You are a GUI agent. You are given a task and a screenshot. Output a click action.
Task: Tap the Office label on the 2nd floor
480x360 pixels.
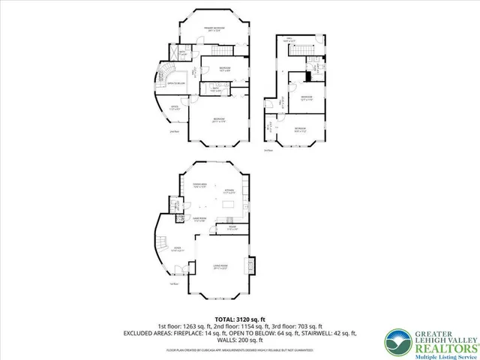[173, 107]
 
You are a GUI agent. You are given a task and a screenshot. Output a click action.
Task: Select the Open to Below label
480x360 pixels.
[176, 83]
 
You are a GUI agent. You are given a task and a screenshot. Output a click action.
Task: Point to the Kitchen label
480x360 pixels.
[229, 191]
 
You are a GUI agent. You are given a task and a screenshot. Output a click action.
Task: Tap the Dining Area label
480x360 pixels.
[200, 185]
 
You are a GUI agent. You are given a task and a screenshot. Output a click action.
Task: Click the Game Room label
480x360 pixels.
[199, 220]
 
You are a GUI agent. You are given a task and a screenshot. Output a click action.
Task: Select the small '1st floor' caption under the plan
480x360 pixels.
[173, 284]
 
